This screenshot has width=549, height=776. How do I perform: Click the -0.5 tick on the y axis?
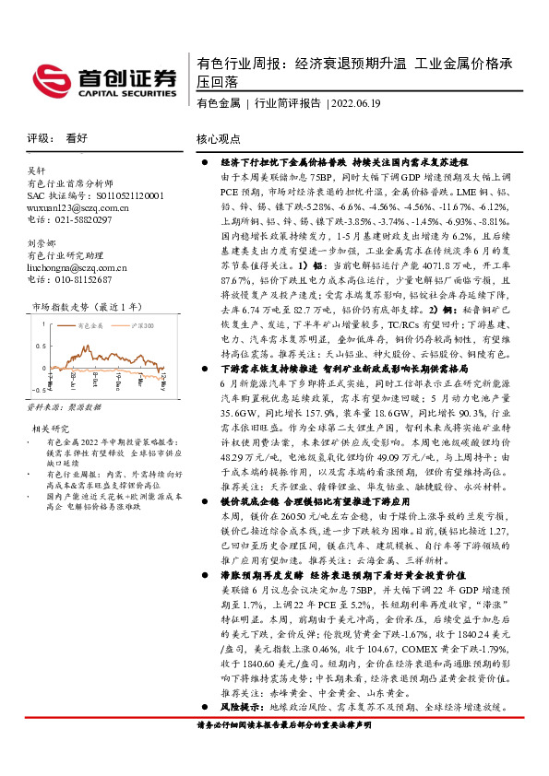(40, 372)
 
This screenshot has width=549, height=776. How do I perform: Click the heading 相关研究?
(52, 403)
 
